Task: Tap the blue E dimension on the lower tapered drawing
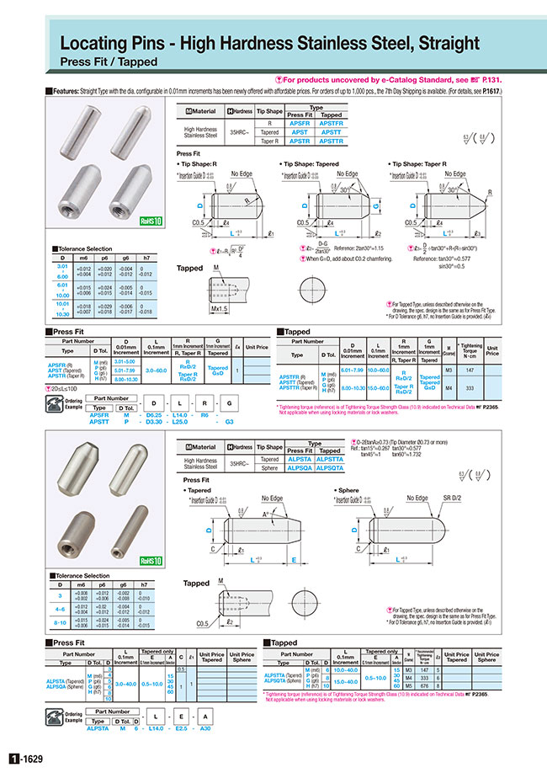click(293, 558)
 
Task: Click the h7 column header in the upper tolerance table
click(145, 259)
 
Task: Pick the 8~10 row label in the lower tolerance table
click(60, 622)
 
